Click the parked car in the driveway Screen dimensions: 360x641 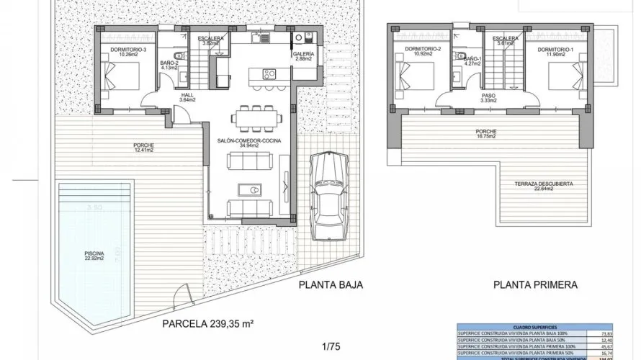click(328, 193)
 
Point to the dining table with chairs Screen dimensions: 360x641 click(252, 116)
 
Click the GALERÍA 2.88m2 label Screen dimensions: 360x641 click(303, 58)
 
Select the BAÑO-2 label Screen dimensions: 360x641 click(170, 66)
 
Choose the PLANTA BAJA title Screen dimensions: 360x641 click(331, 284)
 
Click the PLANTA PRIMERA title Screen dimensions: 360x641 click(535, 284)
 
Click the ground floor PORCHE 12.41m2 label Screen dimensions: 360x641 click(144, 148)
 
